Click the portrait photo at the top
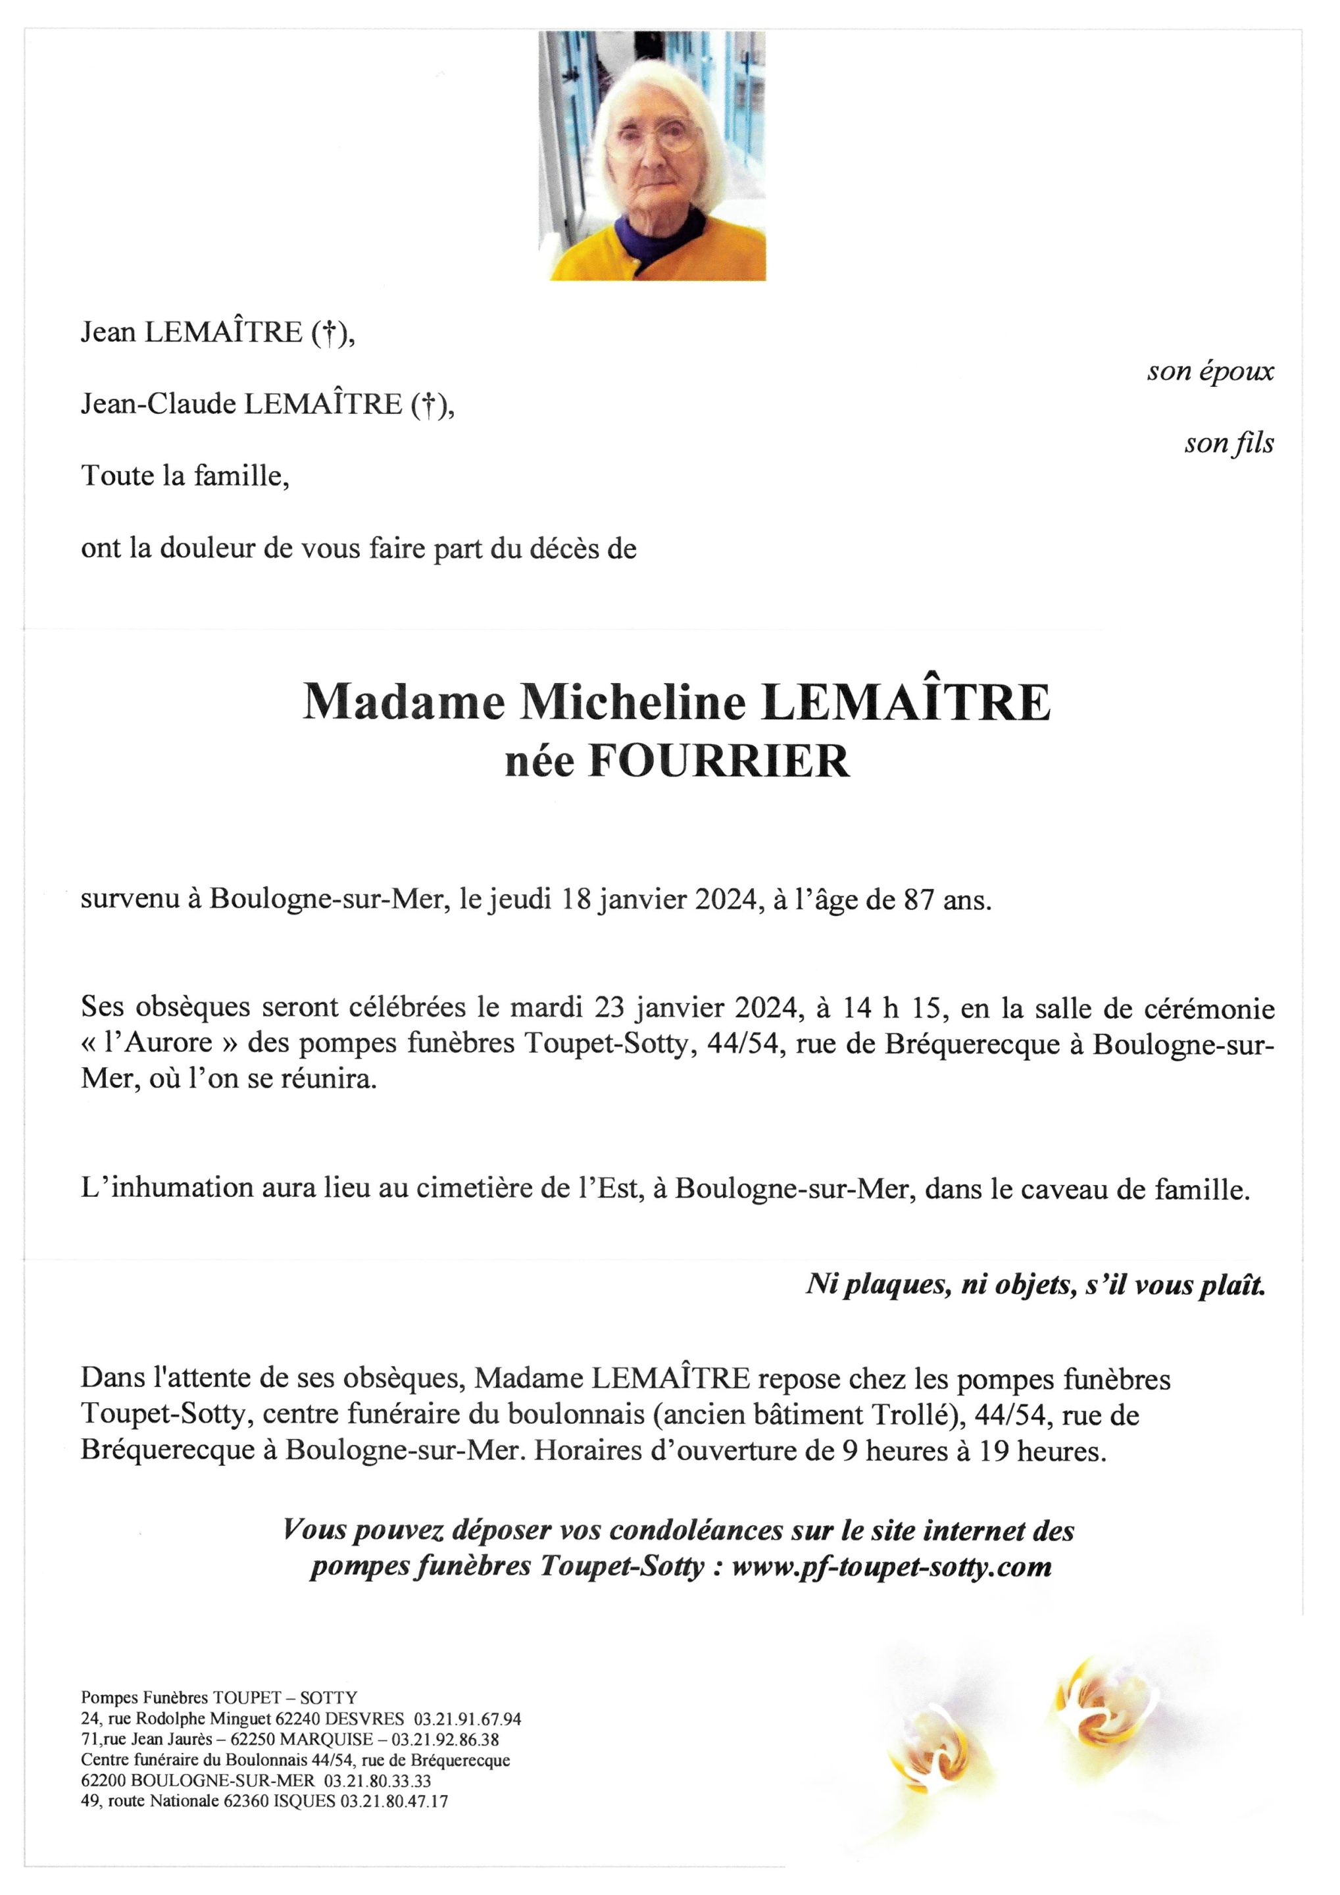coord(652,155)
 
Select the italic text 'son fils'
coord(1229,443)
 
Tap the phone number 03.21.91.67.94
coord(467,1719)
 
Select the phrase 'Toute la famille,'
coord(185,476)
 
